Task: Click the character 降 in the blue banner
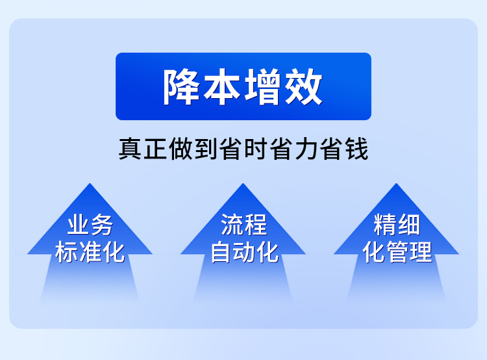tap(182, 87)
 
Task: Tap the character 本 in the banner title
tap(223, 87)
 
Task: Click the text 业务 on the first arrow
tap(90, 225)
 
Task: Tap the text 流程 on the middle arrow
tap(243, 225)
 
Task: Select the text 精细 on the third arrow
tap(397, 225)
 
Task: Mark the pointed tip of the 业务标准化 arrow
tap(90, 186)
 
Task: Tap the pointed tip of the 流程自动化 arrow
tap(243, 186)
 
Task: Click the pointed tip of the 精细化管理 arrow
tap(397, 186)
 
